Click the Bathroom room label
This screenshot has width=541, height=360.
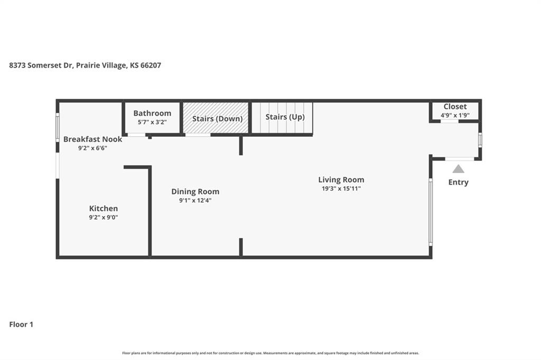pos(152,113)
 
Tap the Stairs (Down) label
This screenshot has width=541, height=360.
pos(217,119)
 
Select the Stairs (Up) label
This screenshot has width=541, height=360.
pos(285,117)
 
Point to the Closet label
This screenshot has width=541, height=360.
pos(455,107)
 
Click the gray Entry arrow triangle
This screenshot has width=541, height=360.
pos(458,169)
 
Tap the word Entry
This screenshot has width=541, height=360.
pos(458,183)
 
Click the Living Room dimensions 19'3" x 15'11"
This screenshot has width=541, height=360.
pos(341,188)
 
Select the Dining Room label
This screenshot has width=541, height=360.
pos(195,192)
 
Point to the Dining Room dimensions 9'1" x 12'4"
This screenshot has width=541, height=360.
pos(195,201)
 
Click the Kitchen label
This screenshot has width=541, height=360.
pos(104,209)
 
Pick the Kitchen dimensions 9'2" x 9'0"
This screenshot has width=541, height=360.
pos(104,217)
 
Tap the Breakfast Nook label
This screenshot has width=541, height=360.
pos(93,139)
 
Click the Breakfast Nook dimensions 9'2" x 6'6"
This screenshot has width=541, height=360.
pos(93,148)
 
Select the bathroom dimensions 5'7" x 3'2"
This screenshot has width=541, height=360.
pos(152,122)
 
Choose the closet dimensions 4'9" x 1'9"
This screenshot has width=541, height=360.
pos(455,115)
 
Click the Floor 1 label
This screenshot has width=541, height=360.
pos(21,325)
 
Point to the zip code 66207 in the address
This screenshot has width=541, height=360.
pos(151,65)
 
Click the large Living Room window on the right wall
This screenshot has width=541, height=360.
pos(431,212)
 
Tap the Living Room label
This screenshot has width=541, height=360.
pos(341,179)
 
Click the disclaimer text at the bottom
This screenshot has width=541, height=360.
pos(270,353)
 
